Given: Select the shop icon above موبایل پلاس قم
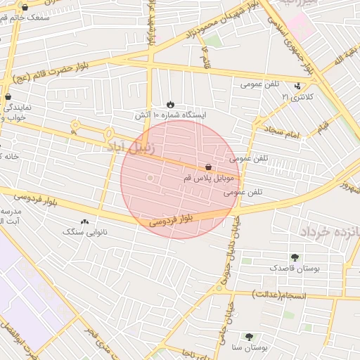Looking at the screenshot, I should [208, 167].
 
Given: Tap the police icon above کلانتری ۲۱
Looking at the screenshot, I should [296, 85].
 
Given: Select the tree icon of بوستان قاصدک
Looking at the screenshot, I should [294, 257].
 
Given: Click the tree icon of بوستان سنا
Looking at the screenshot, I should [249, 337].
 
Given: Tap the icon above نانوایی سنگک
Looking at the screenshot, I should [85, 221].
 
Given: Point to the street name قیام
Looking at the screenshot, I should [323, 127].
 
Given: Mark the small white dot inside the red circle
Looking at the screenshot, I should [149, 179].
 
